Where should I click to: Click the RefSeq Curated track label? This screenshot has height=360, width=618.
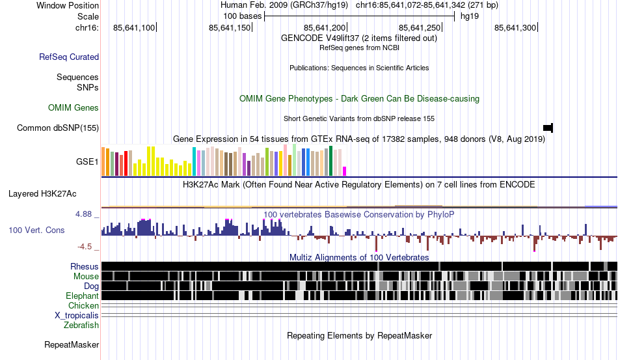(x=69, y=57)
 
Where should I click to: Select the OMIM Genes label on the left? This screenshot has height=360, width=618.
(x=74, y=107)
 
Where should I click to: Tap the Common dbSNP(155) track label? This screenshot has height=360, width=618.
(x=58, y=128)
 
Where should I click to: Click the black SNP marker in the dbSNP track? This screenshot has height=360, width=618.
(x=548, y=127)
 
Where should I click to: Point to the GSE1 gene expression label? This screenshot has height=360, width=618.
(x=87, y=161)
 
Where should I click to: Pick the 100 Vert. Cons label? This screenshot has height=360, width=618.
(x=36, y=230)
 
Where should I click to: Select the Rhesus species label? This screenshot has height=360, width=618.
(x=85, y=266)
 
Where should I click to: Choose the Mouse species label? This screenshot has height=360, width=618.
(x=87, y=276)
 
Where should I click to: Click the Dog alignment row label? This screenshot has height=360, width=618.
(x=91, y=286)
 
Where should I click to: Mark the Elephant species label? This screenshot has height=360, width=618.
(x=82, y=296)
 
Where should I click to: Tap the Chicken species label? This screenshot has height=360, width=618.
(x=84, y=305)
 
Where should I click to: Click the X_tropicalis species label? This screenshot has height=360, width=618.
(x=77, y=315)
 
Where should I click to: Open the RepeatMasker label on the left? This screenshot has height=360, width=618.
(x=72, y=344)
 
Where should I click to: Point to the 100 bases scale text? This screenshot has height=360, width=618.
(x=242, y=16)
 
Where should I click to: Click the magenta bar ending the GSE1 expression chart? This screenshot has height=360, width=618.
(x=345, y=171)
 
